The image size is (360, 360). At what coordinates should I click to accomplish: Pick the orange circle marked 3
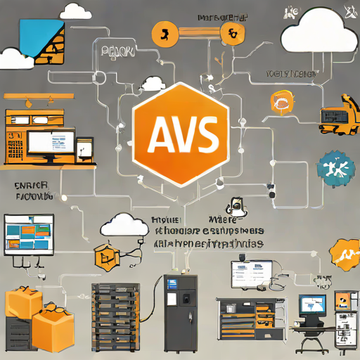[164, 32]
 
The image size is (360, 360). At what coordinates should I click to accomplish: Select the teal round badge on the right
[330, 169]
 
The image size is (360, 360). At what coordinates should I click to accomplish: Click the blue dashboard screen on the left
[30, 235]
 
